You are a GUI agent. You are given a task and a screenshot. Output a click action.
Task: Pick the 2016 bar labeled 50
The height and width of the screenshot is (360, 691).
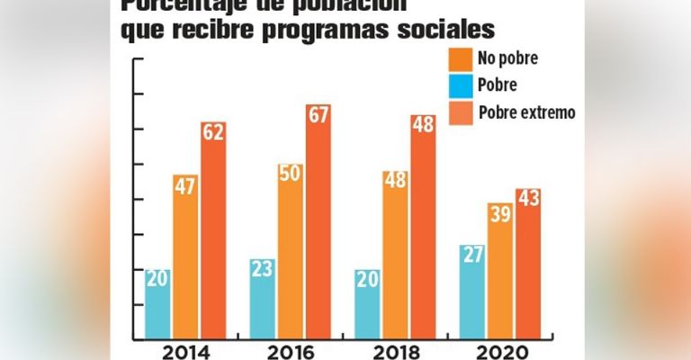(x=291, y=252)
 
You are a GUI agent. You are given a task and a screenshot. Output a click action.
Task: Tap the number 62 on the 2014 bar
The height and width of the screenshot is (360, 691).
(x=213, y=133)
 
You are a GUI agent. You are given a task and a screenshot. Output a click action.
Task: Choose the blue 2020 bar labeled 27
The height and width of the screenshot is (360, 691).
(x=472, y=292)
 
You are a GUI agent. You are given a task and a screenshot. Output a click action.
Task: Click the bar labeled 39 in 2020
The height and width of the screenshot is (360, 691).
(x=500, y=271)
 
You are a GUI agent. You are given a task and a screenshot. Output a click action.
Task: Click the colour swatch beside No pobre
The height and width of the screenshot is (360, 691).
(x=460, y=59)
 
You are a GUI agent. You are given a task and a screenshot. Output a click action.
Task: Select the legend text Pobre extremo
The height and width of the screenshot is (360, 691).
(x=526, y=112)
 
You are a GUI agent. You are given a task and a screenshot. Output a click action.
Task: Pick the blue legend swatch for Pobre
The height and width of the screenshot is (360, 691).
(x=460, y=86)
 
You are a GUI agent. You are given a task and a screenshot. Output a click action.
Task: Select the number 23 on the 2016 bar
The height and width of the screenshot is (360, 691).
(x=263, y=268)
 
